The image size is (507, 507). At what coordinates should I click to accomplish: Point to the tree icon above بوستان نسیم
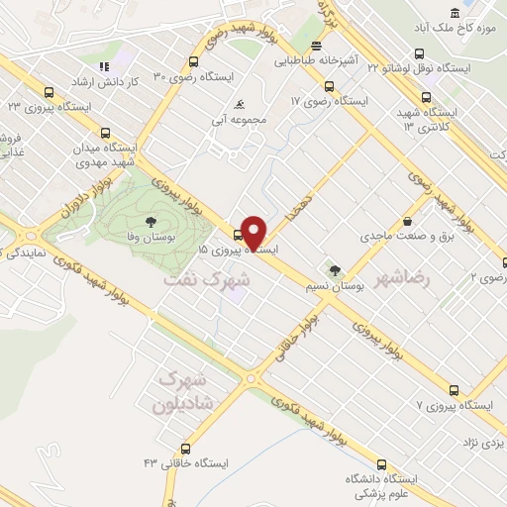coord(335,268)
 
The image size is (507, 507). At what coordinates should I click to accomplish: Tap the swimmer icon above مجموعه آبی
coord(239,105)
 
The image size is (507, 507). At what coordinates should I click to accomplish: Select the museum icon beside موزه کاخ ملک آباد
coord(455,13)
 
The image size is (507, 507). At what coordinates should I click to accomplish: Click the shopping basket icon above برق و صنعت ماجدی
coord(408,222)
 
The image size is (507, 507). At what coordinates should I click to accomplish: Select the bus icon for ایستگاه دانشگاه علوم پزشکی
coord(382,463)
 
